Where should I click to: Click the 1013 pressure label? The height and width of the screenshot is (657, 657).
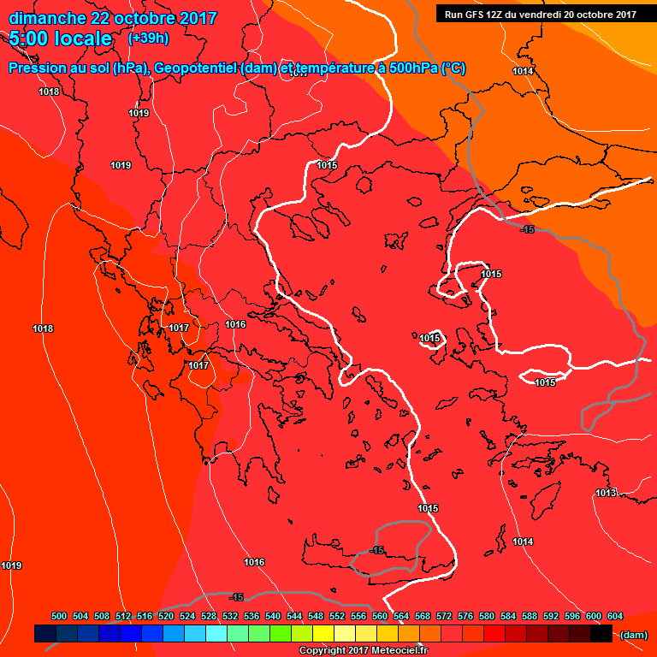(606, 493)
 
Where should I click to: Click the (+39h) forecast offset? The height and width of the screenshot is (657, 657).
(148, 38)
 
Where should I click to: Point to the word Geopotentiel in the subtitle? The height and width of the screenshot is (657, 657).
(196, 68)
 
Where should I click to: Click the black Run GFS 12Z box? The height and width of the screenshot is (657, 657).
(541, 14)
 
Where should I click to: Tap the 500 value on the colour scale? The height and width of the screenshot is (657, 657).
(59, 616)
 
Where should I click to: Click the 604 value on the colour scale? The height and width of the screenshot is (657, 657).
(614, 616)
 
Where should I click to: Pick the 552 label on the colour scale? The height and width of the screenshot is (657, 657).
(337, 616)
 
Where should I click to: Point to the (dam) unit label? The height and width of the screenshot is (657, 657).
(633, 634)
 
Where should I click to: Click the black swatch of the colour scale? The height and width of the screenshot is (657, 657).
(601, 634)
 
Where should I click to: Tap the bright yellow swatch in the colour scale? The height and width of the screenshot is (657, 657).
(323, 634)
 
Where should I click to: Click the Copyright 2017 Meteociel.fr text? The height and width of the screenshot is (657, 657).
(362, 651)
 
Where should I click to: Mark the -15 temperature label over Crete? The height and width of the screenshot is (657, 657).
(376, 550)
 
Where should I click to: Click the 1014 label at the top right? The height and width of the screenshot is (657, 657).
(523, 71)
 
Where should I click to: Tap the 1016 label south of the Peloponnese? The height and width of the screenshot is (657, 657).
(253, 562)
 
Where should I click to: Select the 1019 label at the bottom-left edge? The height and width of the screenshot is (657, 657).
(11, 565)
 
